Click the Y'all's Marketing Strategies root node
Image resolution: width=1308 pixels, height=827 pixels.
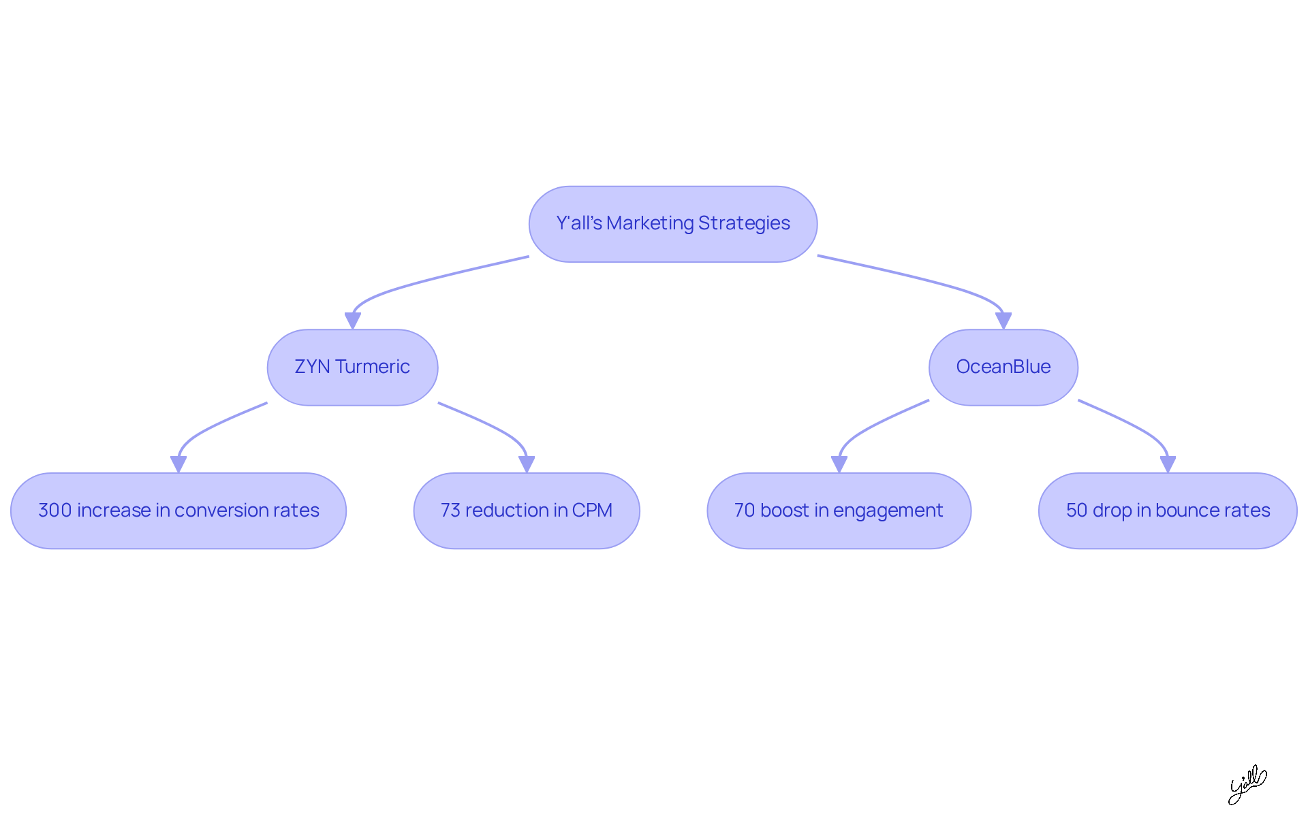672,224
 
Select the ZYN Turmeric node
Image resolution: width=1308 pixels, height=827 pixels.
352,368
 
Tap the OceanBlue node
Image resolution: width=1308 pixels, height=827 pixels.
1003,368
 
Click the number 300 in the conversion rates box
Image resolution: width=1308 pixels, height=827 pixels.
54,510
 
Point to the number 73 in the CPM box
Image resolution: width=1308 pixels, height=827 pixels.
450,510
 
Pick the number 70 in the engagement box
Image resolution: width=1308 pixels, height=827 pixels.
745,510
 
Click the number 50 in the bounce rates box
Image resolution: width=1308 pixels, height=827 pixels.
1076,510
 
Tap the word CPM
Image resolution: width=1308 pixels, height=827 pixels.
592,510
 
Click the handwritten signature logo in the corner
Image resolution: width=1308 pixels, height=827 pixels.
1247,784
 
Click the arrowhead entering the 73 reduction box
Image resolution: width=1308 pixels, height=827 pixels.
527,464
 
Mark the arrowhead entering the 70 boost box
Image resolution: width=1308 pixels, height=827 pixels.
839,464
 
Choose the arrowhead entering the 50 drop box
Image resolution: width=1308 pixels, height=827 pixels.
1168,464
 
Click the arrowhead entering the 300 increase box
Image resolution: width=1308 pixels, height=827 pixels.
178,464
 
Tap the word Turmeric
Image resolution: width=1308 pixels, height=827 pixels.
372,367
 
